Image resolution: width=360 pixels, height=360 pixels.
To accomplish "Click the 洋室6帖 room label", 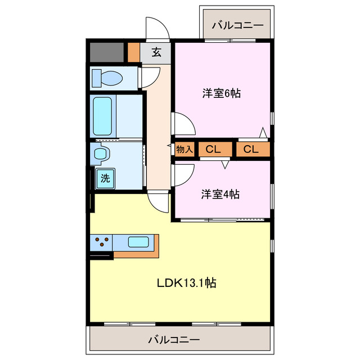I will (222, 93).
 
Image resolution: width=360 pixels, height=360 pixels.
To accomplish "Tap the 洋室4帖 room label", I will (221, 195).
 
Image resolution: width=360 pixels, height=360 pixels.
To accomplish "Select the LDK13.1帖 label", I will (186, 283).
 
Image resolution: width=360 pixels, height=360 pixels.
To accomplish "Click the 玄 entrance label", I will (157, 53).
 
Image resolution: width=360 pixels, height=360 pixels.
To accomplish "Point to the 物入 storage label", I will (184, 149).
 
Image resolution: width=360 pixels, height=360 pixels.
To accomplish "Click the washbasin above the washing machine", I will (101, 153).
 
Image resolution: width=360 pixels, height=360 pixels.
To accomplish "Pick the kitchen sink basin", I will (138, 242).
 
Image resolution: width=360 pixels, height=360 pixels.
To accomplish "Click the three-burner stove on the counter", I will (101, 242).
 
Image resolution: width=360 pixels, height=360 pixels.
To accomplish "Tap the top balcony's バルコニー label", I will (237, 25).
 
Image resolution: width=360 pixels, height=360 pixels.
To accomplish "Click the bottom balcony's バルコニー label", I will (174, 340).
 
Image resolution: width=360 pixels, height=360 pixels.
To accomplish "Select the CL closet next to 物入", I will (212, 149).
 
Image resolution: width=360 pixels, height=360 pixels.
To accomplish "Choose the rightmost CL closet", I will (251, 149).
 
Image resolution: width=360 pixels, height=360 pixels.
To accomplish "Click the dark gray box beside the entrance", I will (107, 52).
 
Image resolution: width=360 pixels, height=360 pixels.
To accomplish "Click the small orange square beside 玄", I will (133, 52).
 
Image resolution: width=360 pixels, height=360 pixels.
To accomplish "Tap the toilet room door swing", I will (150, 76).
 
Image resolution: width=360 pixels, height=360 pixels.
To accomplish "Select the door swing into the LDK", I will (158, 202).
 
